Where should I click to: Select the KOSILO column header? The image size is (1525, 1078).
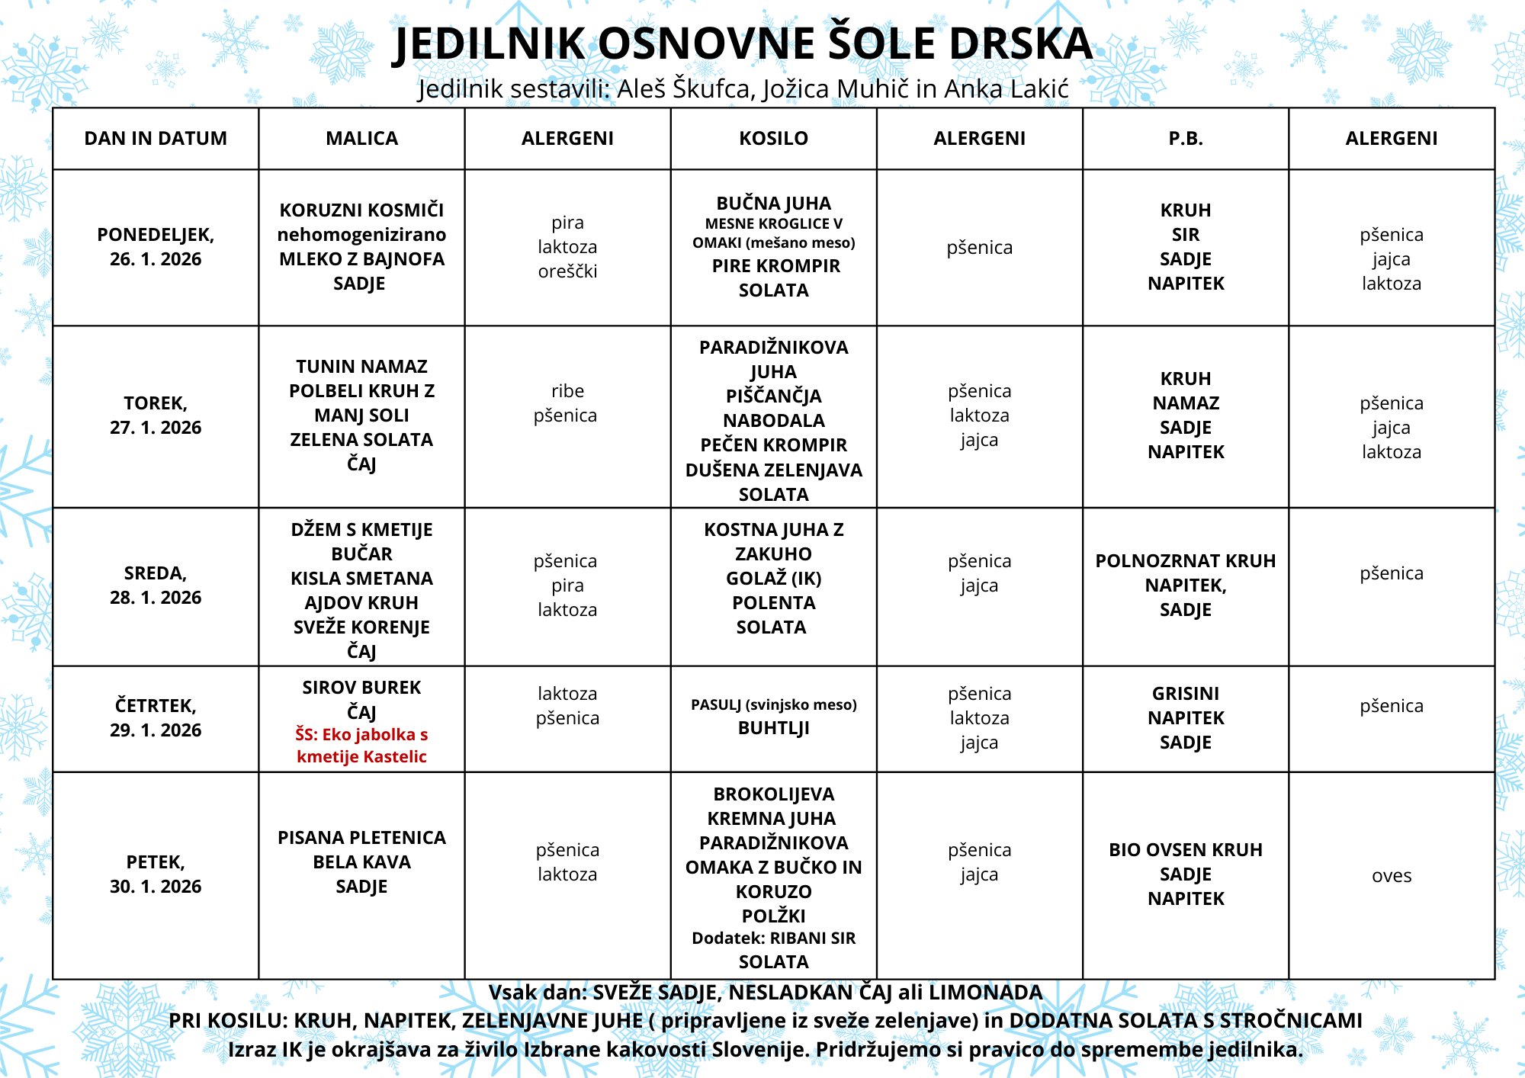(773, 138)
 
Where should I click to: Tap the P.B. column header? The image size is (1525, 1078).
(1185, 138)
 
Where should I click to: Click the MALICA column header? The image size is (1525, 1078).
(361, 138)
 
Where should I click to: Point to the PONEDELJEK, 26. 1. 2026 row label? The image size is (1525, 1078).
(156, 247)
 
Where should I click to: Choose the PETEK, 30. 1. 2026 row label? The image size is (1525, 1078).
(156, 874)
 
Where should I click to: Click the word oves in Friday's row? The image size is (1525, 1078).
(1391, 876)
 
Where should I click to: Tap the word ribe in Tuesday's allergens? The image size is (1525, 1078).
(567, 391)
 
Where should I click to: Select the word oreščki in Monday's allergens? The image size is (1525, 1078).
(567, 271)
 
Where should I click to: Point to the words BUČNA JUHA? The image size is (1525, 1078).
(773, 204)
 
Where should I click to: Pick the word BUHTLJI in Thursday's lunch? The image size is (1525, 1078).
(773, 728)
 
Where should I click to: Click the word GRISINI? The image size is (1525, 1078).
(1185, 694)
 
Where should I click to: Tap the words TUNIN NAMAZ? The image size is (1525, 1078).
(361, 367)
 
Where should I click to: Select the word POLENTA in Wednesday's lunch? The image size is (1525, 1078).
(773, 603)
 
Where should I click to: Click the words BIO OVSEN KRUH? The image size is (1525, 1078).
(1185, 850)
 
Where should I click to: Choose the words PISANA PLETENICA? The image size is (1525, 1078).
(361, 838)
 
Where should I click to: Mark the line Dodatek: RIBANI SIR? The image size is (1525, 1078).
(773, 938)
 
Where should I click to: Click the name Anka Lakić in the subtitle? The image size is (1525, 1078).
(1006, 89)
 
